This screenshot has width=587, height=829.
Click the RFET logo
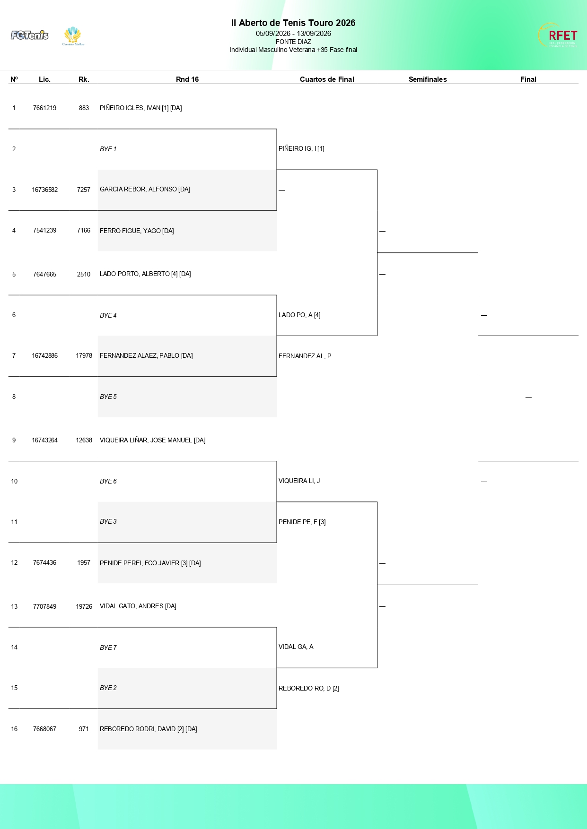pos(558,35)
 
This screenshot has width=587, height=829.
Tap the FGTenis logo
pos(29,35)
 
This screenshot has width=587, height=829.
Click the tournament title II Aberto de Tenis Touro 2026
pos(293,23)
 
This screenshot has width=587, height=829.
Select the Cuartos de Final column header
pos(327,79)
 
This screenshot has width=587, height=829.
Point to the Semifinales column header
pos(428,79)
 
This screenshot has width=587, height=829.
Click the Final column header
pos(528,79)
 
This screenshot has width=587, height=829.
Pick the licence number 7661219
pos(44,108)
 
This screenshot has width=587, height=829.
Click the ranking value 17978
pos(84,356)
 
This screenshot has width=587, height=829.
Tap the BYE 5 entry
pos(108,397)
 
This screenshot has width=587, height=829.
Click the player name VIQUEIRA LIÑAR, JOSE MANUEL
pos(146,440)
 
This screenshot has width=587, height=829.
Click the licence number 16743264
pos(44,440)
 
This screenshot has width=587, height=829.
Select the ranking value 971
pos(84,729)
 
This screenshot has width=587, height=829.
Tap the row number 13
pos(14,607)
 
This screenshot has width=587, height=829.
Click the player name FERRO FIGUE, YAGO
pos(130,231)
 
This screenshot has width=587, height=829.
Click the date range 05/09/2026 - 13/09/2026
pos(293,34)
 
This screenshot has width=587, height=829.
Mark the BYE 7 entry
pos(108,648)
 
